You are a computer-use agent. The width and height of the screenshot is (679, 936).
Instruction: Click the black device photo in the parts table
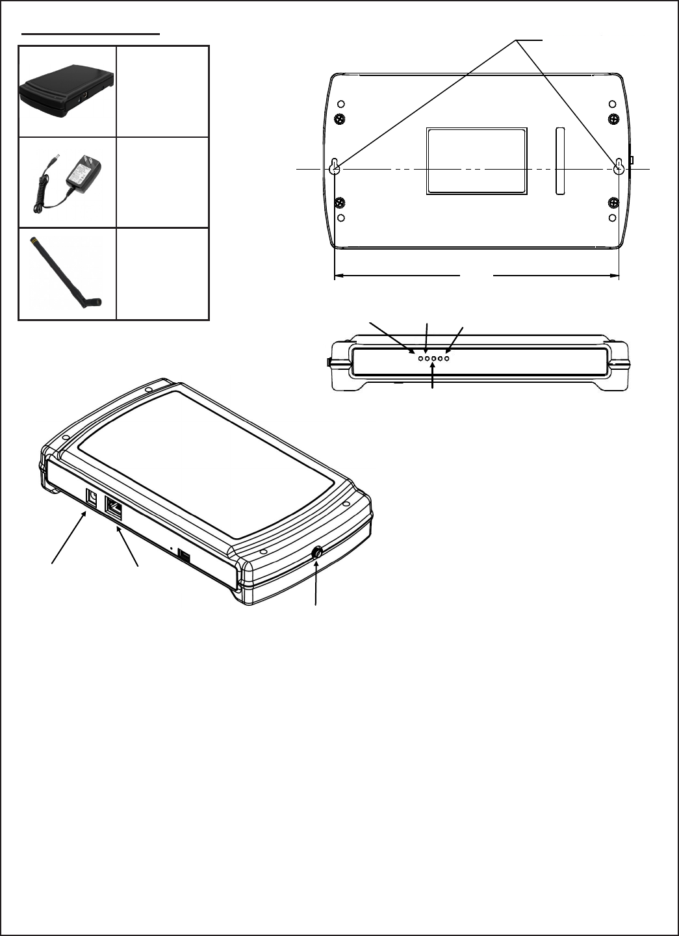pyautogui.click(x=67, y=91)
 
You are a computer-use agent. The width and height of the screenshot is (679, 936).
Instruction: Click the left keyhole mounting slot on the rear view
pyautogui.click(x=335, y=167)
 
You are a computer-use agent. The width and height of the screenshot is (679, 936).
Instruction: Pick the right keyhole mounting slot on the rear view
pyautogui.click(x=619, y=167)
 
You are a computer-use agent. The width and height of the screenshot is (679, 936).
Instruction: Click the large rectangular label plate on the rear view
pyautogui.click(x=476, y=161)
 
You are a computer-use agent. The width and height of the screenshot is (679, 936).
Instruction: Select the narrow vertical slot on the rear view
pyautogui.click(x=560, y=161)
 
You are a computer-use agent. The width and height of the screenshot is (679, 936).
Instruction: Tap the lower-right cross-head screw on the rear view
pyautogui.click(x=613, y=203)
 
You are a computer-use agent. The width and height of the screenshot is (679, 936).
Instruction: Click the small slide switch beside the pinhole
pyautogui.click(x=185, y=556)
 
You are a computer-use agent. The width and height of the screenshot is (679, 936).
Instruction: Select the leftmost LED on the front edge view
pyautogui.click(x=420, y=359)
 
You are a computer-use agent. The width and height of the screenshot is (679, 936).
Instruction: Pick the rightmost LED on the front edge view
pyautogui.click(x=447, y=359)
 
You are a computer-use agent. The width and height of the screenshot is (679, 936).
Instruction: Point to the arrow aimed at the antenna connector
pyautogui.click(x=316, y=582)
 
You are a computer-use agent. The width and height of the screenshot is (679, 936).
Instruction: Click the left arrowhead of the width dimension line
pyautogui.click(x=339, y=276)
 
